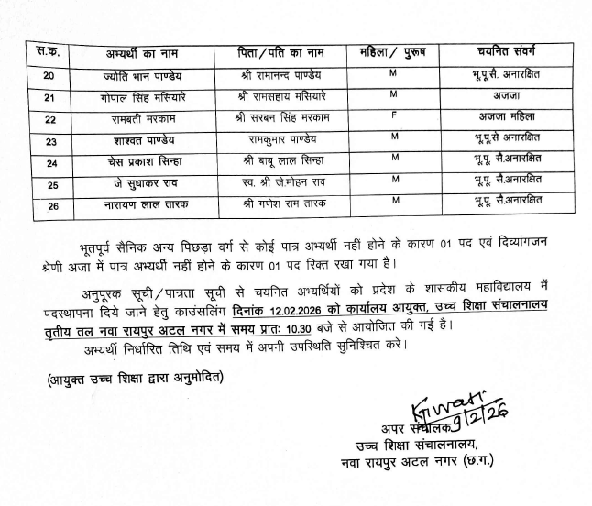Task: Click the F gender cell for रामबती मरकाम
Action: pyautogui.click(x=391, y=116)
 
